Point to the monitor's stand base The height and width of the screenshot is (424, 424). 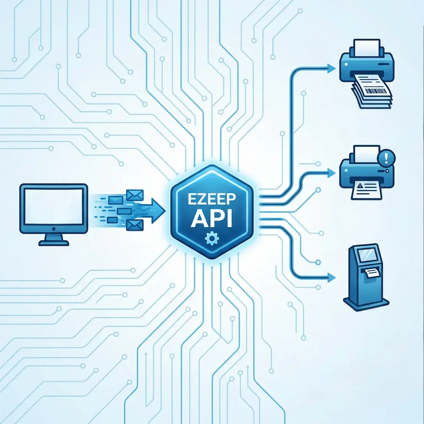(53, 243)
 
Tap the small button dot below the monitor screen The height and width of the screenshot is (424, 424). (53, 229)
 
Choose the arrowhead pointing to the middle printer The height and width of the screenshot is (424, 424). (331, 172)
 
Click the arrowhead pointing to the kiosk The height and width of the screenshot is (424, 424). (331, 278)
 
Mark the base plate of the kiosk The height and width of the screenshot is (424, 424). (366, 303)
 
